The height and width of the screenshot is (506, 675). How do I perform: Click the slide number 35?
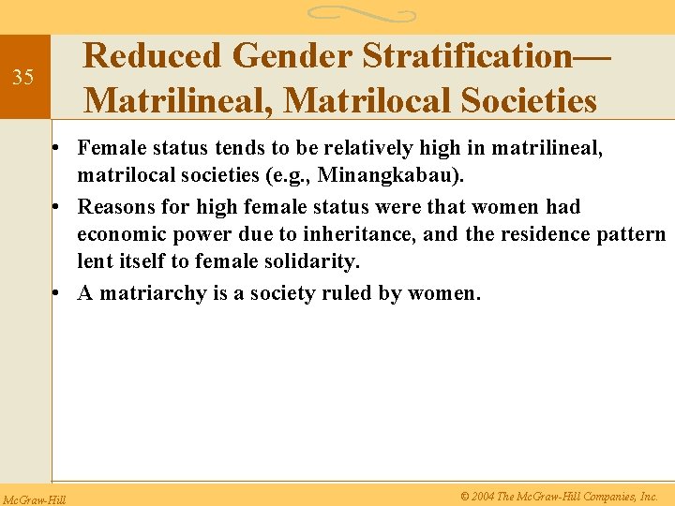point(22,77)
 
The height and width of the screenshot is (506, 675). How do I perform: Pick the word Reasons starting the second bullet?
point(115,206)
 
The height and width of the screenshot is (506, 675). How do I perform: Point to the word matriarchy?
point(153,293)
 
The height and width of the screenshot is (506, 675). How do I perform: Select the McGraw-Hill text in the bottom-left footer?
point(33,497)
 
